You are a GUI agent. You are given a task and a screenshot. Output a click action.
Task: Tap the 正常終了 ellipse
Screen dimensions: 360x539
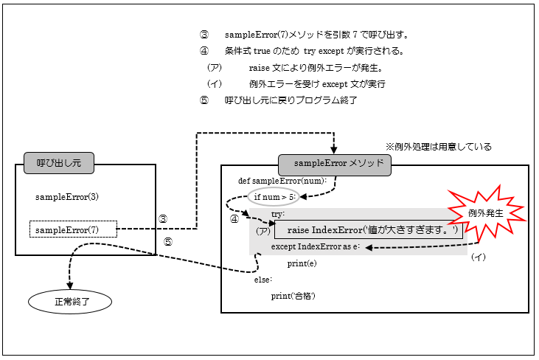(70, 301)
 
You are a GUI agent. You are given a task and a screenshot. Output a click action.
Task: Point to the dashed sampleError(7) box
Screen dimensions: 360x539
(73, 229)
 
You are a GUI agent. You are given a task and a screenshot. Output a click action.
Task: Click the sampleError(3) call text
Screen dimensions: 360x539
(67, 197)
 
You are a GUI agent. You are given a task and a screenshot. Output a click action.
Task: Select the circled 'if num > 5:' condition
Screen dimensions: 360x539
(275, 197)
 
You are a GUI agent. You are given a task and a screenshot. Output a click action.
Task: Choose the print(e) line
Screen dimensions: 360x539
(302, 263)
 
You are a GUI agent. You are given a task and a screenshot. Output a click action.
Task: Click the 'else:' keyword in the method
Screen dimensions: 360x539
(263, 280)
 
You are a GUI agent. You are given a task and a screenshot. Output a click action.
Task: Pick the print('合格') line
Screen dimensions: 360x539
(293, 296)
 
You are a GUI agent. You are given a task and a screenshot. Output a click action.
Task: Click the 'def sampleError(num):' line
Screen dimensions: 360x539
(282, 181)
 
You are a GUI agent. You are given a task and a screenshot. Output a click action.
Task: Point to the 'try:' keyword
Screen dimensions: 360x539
(279, 214)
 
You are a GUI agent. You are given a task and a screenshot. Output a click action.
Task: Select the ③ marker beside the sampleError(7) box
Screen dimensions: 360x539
(163, 219)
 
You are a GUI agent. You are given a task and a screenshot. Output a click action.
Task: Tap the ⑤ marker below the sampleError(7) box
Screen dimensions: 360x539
(167, 241)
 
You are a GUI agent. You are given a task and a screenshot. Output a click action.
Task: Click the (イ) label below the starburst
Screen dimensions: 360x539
(479, 257)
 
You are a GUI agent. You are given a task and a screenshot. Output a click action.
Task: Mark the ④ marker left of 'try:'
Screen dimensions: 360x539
(234, 219)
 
